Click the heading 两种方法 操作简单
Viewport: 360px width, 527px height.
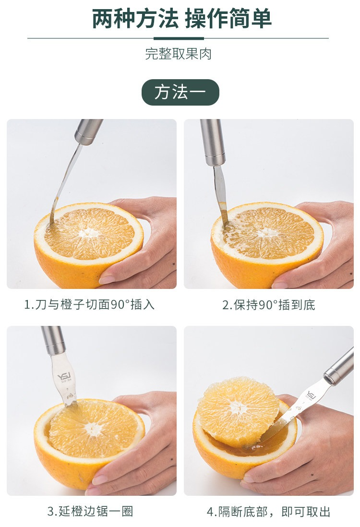[x=181, y=19]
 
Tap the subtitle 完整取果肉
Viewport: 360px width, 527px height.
[x=179, y=54]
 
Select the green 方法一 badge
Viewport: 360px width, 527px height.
[x=180, y=92]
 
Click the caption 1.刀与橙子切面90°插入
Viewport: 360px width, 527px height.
[x=89, y=304]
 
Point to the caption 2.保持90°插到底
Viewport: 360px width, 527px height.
[x=269, y=305]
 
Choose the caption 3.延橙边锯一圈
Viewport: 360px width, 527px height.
[x=90, y=511]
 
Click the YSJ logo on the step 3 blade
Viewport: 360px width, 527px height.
[x=63, y=376]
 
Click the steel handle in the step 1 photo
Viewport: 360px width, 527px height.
[x=88, y=132]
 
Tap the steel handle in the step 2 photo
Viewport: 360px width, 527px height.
[x=213, y=142]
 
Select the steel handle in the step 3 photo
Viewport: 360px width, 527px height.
[x=53, y=340]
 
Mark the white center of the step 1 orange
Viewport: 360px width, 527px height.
[x=88, y=232]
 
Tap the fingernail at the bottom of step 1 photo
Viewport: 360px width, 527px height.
[x=108, y=279]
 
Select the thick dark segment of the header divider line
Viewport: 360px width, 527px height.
[x=183, y=38]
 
